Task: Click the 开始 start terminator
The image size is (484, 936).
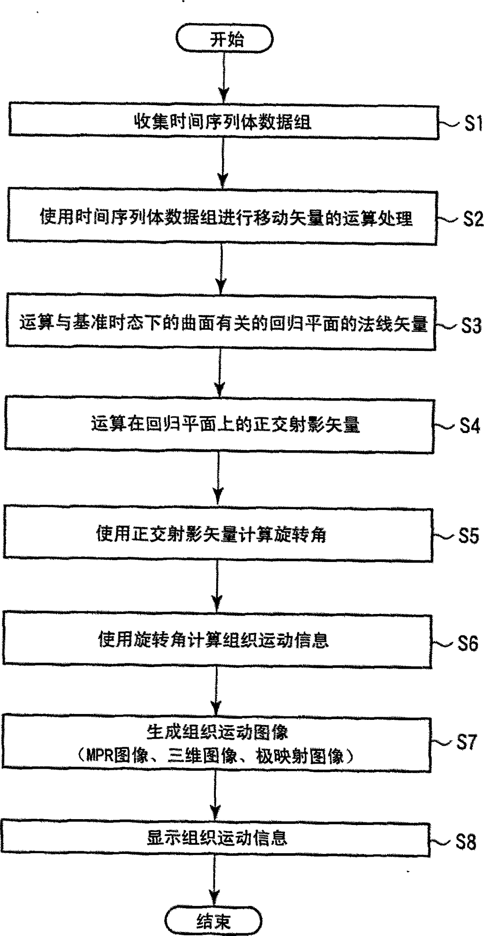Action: tap(224, 39)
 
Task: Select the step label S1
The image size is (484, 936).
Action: tap(473, 123)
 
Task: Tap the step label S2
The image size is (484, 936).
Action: tap(473, 218)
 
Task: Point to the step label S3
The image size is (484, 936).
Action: tap(471, 326)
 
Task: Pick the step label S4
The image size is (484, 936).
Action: tap(469, 425)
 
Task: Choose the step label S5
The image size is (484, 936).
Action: tap(468, 535)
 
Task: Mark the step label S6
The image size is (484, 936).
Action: tap(468, 643)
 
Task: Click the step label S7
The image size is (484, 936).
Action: tap(467, 742)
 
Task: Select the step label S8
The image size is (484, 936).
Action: tap(466, 842)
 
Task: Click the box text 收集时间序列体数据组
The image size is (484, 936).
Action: tap(222, 122)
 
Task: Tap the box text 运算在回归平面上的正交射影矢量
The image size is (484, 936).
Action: tap(225, 424)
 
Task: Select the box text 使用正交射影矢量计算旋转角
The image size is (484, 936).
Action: tap(211, 534)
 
